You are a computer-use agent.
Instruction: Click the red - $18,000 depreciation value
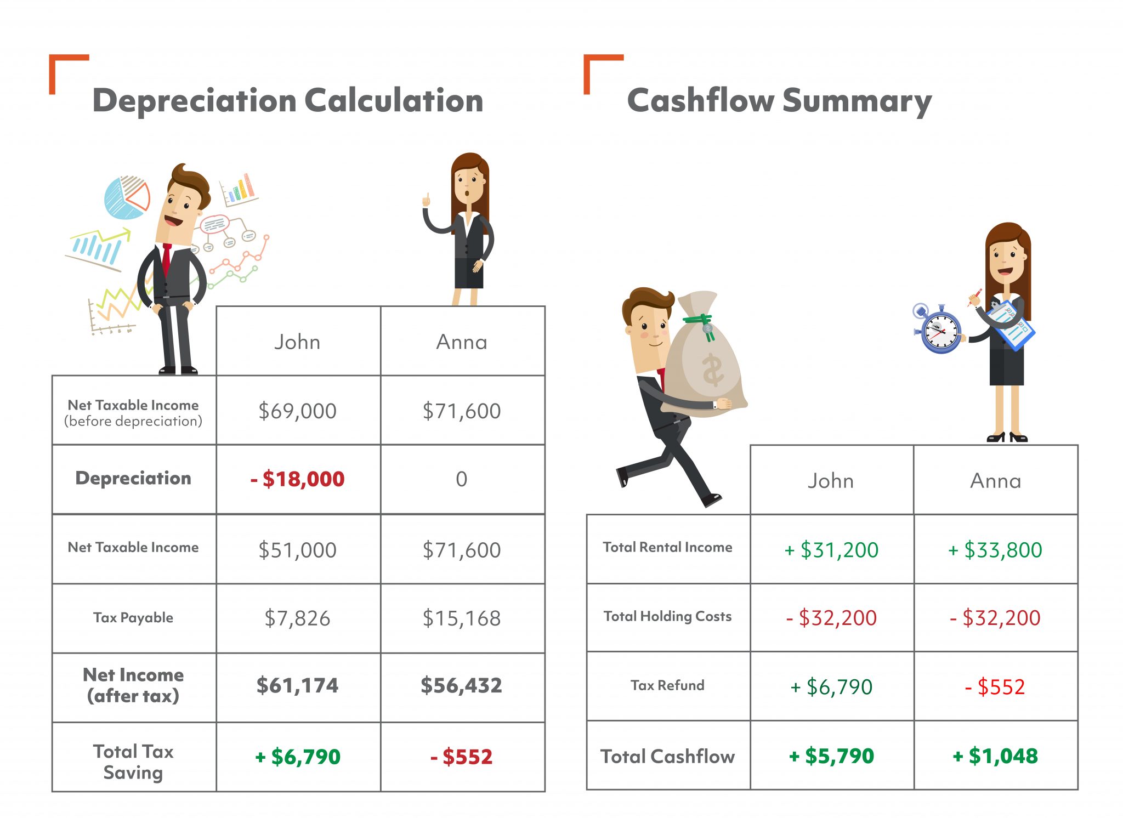pos(298,479)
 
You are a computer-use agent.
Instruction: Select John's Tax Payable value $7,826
pos(298,618)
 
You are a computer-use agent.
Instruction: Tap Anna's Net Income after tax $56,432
pos(462,685)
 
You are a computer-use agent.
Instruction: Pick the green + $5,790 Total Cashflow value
pos(831,756)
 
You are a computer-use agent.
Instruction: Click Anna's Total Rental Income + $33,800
pos(995,550)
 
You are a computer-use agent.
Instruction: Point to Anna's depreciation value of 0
pos(462,479)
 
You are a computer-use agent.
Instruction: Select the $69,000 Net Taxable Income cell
pos(298,411)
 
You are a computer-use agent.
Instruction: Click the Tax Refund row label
pos(667,685)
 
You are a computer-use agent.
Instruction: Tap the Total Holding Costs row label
pos(667,616)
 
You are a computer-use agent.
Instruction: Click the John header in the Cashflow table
pos(831,481)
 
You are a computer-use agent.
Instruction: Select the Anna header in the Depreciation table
pos(462,342)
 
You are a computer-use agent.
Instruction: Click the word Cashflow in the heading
pos(700,101)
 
